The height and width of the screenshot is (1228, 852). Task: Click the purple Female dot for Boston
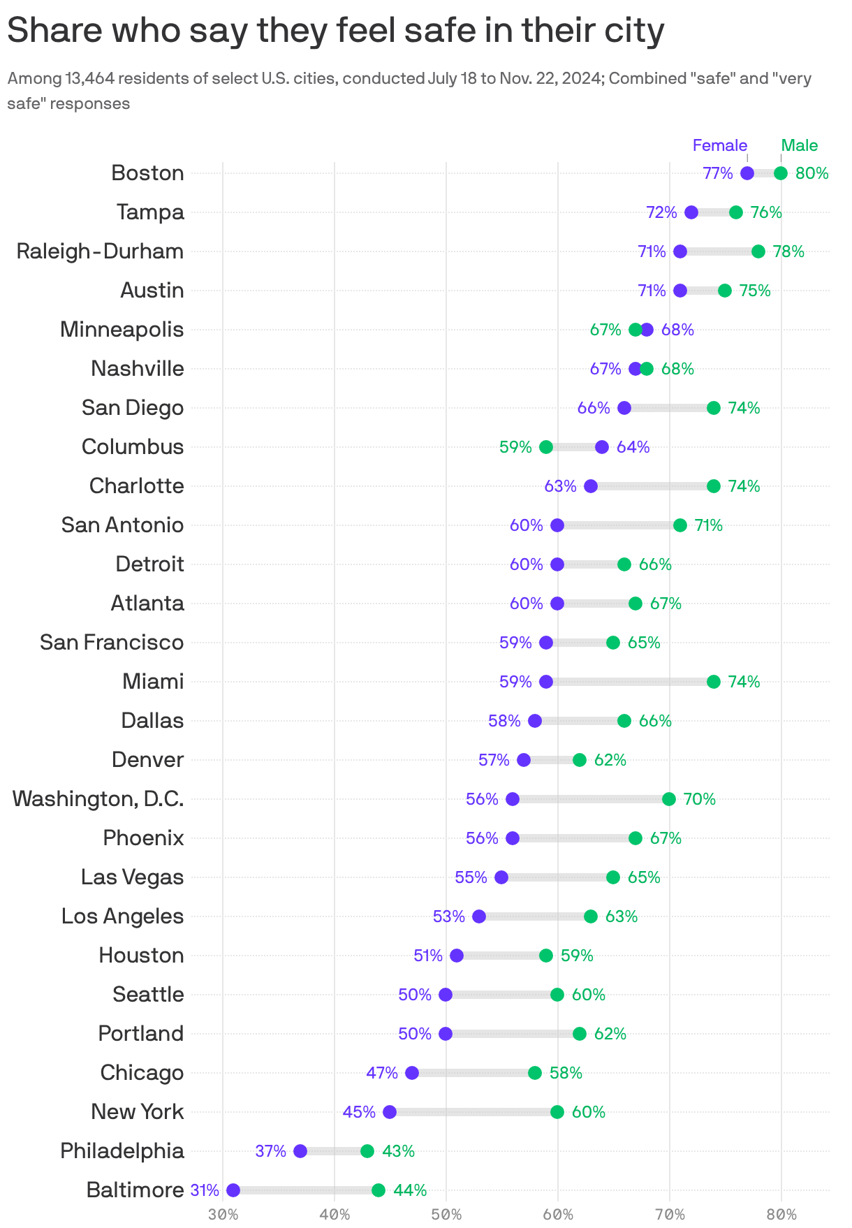click(x=747, y=173)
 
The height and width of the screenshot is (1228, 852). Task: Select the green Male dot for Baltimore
click(x=379, y=1190)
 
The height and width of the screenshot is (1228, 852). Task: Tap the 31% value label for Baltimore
click(x=205, y=1190)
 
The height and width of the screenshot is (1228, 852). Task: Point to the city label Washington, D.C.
click(x=98, y=799)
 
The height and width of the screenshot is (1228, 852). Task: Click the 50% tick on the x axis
click(x=446, y=1215)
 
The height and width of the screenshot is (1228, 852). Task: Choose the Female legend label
click(x=719, y=145)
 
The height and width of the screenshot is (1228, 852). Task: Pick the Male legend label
click(x=799, y=145)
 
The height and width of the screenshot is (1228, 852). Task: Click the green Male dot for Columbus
click(x=546, y=447)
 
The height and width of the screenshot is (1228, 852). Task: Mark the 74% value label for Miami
click(x=744, y=682)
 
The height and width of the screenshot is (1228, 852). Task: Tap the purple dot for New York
click(x=390, y=1112)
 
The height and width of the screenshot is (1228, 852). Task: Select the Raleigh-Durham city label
click(x=100, y=251)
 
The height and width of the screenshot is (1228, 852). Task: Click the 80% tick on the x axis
click(x=781, y=1215)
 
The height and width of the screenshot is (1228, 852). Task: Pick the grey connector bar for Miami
click(x=629, y=682)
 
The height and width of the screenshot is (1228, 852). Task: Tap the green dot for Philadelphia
click(x=367, y=1151)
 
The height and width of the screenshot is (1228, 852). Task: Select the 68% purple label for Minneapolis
click(x=677, y=330)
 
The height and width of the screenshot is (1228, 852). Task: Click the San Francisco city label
click(x=112, y=643)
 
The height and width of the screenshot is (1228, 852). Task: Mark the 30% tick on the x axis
click(x=223, y=1215)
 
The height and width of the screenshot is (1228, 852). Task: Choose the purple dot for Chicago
click(x=412, y=1073)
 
